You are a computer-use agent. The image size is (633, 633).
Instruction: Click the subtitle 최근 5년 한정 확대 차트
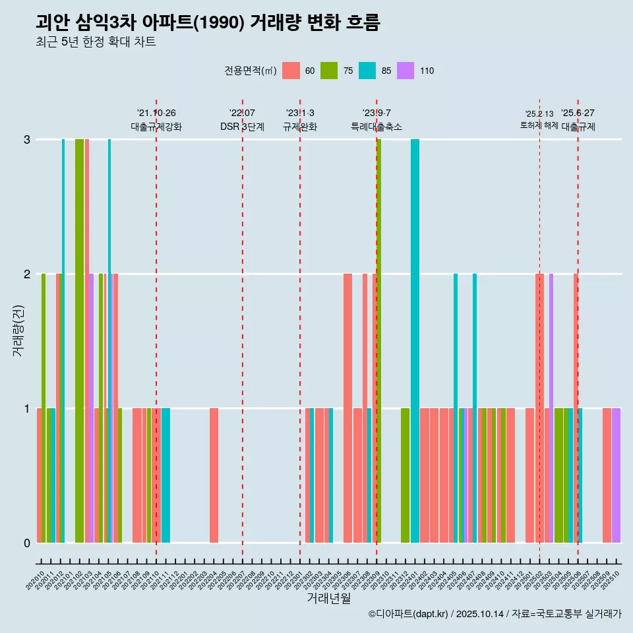(96, 42)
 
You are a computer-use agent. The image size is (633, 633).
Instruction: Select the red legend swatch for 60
(291, 71)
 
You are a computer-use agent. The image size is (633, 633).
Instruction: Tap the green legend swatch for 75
(329, 71)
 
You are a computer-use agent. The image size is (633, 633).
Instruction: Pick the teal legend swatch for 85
(367, 71)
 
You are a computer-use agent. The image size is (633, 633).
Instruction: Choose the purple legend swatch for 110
(406, 71)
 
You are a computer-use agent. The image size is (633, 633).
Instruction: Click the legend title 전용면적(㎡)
(251, 71)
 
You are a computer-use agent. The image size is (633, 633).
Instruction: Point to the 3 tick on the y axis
(27, 139)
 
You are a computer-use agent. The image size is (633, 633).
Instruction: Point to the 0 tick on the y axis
(27, 543)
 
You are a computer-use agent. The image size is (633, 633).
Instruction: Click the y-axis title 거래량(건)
(18, 330)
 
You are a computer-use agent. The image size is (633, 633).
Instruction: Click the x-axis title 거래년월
(328, 598)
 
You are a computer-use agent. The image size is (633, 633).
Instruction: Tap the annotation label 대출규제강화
(156, 127)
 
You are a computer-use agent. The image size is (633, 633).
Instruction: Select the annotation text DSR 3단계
(242, 127)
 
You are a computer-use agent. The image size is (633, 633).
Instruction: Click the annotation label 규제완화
(300, 127)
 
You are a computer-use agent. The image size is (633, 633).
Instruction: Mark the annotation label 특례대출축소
(377, 127)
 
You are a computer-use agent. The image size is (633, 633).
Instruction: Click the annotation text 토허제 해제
(539, 125)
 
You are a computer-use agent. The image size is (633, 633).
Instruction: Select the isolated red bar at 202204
(214, 475)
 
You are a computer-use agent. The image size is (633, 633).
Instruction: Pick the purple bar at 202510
(616, 475)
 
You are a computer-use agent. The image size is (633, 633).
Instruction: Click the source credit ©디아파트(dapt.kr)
(409, 614)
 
